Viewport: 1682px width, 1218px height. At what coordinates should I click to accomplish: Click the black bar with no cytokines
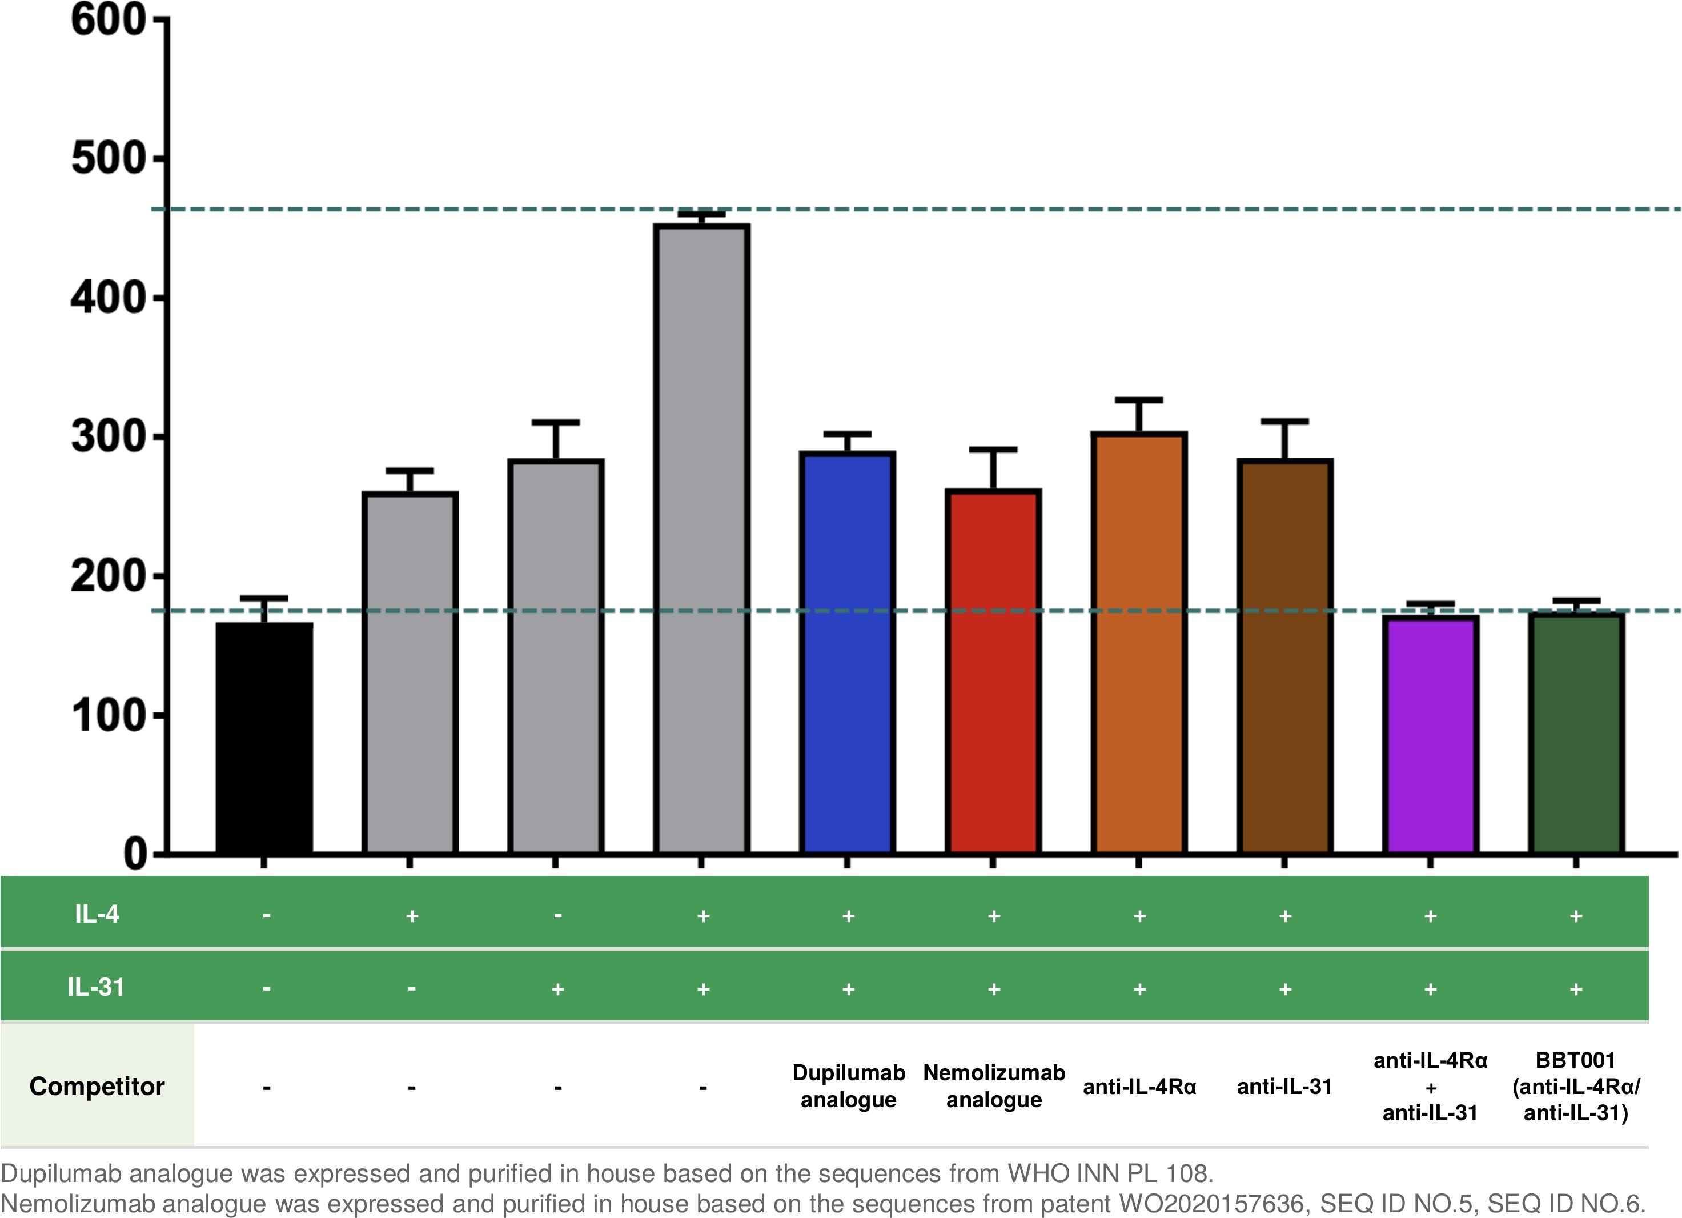pos(264,738)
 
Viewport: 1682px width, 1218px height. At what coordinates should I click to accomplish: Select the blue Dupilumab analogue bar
pos(847,653)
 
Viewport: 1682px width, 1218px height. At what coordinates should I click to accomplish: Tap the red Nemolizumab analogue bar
pos(993,671)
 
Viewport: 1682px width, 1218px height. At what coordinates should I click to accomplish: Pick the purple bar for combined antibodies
pos(1431,735)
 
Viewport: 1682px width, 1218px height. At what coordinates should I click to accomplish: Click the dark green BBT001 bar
pos(1576,734)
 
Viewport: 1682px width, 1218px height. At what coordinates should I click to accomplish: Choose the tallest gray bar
pos(701,539)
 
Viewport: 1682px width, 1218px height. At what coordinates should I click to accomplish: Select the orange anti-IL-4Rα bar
pos(1138,643)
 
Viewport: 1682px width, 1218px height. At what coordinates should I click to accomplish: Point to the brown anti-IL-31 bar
pos(1284,656)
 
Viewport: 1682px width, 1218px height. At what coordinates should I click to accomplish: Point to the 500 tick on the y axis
pos(159,158)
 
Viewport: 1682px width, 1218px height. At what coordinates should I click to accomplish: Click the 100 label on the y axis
pos(109,715)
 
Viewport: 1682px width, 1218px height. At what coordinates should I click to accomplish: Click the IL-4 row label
pos(97,914)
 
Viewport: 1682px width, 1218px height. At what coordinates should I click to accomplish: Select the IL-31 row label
pos(97,987)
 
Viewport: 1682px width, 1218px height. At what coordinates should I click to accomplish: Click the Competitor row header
pos(97,1086)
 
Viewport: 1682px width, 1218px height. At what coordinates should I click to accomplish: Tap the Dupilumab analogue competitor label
pos(848,1086)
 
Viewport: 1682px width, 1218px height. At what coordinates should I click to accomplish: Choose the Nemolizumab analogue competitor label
pos(994,1086)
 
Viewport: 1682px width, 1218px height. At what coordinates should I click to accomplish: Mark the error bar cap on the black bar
pos(264,598)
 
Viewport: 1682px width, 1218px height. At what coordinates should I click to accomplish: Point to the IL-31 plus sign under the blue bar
pos(848,989)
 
